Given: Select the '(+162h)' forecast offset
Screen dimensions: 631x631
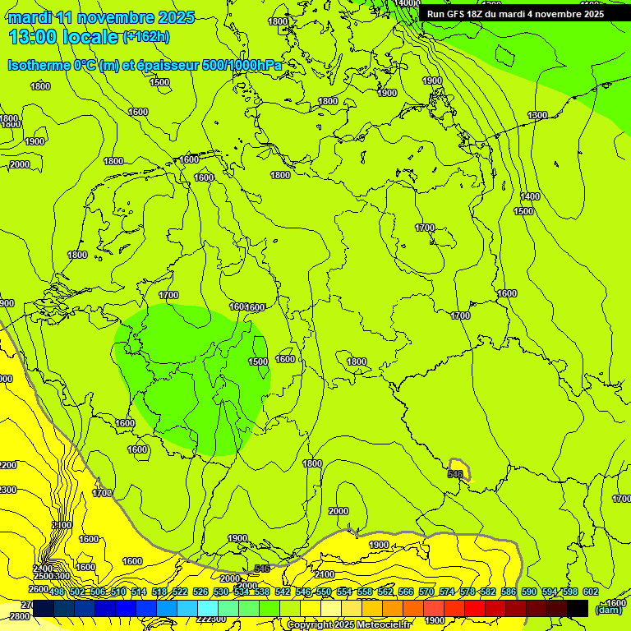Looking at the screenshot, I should coord(145,37).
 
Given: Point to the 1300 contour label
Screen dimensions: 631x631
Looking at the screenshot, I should coord(537,116).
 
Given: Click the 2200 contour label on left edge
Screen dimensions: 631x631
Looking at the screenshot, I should coord(7,465).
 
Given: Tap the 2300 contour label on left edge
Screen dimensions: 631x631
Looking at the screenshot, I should coord(7,490).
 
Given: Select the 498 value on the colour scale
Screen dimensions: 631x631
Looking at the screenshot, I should coord(57,592).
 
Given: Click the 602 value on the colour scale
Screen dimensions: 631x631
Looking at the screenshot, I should coord(590,592).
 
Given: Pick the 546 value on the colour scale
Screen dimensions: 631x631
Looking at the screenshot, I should coord(303,592).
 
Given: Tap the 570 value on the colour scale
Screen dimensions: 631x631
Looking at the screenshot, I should coord(426,592).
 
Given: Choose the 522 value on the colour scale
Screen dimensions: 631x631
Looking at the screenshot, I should coord(180,592).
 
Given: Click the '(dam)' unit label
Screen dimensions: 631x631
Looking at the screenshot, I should coord(608,609).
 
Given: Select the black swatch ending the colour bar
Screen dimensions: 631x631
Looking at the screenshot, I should coord(578,608).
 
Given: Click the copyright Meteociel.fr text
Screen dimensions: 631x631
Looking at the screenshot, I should coord(348,625).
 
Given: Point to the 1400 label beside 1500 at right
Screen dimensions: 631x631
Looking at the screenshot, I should coord(530,196).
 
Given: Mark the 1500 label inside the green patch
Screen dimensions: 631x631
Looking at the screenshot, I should coord(258,362).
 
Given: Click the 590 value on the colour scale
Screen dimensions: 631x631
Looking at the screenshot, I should coord(528,592).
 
